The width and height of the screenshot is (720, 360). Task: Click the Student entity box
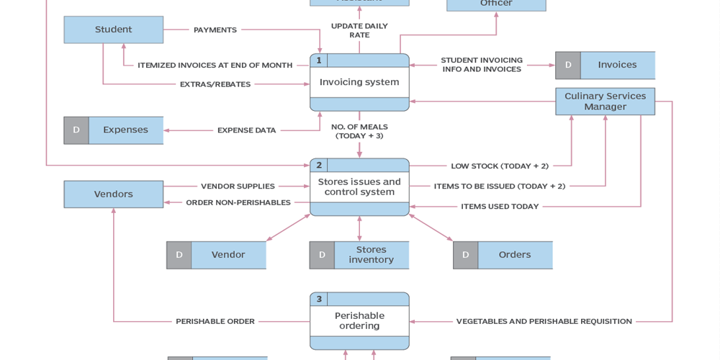click(113, 30)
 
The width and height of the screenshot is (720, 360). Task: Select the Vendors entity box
click(113, 194)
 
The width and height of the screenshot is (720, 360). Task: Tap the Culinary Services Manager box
click(605, 102)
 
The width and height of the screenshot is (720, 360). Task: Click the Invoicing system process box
click(359, 82)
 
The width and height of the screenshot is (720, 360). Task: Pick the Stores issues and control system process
click(359, 187)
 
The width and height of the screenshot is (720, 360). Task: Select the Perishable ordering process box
click(359, 320)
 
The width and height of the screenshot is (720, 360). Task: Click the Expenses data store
click(125, 130)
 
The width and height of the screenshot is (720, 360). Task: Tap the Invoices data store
click(617, 65)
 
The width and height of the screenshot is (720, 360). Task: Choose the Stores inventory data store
click(371, 255)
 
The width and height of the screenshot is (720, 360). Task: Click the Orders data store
click(514, 255)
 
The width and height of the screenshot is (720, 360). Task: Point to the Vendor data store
click(228, 255)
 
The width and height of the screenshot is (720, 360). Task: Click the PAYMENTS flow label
click(215, 30)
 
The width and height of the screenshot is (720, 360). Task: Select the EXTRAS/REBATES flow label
click(215, 84)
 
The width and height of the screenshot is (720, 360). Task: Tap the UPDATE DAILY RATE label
click(359, 30)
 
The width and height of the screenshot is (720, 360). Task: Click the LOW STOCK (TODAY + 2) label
click(499, 166)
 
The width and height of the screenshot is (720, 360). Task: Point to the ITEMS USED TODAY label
click(499, 207)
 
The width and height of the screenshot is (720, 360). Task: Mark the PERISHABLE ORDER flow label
click(215, 321)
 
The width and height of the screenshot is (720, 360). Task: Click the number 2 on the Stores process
click(319, 165)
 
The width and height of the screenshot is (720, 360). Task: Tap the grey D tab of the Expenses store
click(76, 130)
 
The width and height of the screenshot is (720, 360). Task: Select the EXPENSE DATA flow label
click(246, 130)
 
